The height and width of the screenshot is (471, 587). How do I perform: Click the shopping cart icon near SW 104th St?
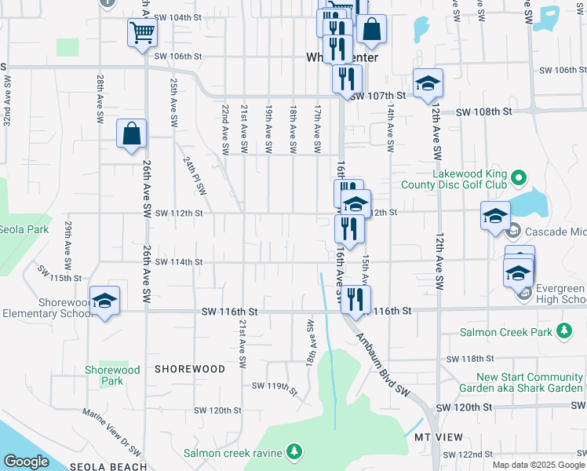(x=142, y=33)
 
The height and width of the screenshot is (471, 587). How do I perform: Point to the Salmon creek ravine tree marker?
(x=294, y=451)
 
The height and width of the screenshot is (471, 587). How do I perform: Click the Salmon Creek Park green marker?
(x=563, y=333)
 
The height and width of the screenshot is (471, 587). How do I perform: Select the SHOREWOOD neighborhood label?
(x=190, y=368)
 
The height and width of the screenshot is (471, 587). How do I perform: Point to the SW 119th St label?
(x=275, y=387)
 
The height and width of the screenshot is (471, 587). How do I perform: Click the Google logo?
(x=26, y=461)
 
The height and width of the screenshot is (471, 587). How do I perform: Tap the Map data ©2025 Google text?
(x=538, y=465)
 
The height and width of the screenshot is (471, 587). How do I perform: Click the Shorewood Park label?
(x=112, y=375)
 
